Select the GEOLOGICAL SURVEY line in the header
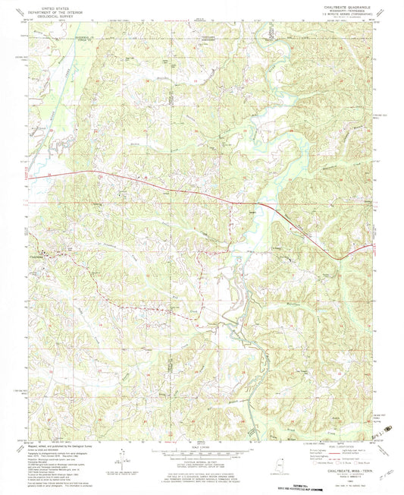51,17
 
